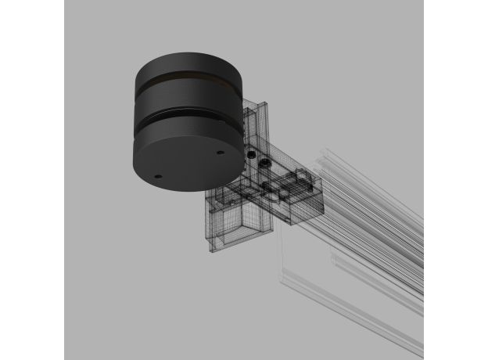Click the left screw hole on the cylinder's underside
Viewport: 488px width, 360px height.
click(x=160, y=175)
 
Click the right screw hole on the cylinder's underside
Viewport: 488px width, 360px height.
click(x=220, y=153)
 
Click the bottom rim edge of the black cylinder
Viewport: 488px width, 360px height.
click(x=188, y=188)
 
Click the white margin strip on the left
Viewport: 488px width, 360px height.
click(x=31, y=180)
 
